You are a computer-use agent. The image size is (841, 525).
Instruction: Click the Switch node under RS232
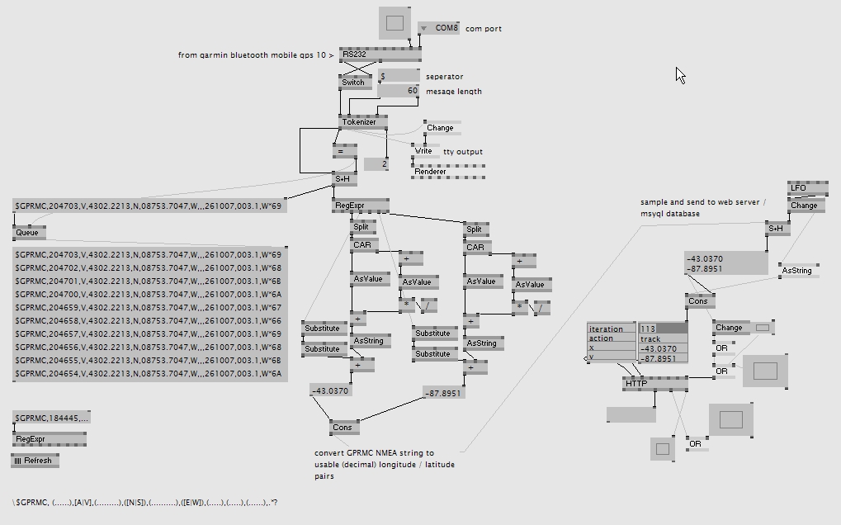pyautogui.click(x=352, y=83)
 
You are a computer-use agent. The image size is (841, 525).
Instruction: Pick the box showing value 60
pyautogui.click(x=400, y=91)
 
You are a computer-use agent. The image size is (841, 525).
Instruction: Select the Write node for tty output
pyautogui.click(x=424, y=151)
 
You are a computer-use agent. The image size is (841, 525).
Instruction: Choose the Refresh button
pyautogui.click(x=35, y=461)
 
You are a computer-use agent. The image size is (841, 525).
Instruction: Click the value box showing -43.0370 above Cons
pyautogui.click(x=330, y=390)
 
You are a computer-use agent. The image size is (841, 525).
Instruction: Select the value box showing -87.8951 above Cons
pyautogui.click(x=443, y=393)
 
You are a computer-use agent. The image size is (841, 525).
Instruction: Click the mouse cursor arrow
pyautogui.click(x=679, y=74)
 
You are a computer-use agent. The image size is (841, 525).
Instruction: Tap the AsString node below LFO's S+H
pyautogui.click(x=797, y=270)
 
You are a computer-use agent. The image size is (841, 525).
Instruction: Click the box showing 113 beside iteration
pyautogui.click(x=662, y=329)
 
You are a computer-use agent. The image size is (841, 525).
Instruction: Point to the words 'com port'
pyautogui.click(x=483, y=29)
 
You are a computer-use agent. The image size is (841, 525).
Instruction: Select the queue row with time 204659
pyautogui.click(x=149, y=307)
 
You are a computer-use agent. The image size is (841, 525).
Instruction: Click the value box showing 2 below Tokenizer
pyautogui.click(x=376, y=164)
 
